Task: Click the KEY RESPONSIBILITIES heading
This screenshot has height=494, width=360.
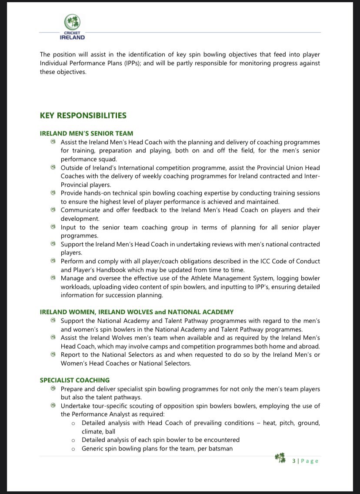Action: (83, 116)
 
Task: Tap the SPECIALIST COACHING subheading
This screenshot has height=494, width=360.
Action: (75, 380)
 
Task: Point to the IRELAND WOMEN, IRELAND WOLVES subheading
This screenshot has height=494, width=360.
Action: (137, 312)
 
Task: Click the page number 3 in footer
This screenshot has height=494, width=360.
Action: (294, 461)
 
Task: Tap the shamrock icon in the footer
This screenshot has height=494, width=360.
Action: (280, 459)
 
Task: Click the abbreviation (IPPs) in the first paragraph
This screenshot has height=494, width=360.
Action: (155, 63)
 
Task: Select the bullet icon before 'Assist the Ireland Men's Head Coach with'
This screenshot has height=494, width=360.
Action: (53, 142)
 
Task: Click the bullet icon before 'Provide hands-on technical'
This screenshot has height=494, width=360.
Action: (53, 192)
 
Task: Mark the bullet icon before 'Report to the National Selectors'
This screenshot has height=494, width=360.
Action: (53, 354)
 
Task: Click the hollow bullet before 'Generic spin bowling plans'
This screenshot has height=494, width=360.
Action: (74, 448)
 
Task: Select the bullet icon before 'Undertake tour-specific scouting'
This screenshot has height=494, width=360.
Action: (53, 405)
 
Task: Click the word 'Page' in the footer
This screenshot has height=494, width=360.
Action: (310, 461)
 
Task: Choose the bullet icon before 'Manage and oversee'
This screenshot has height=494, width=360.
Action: (53, 278)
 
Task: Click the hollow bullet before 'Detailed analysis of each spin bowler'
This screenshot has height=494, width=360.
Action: (74, 440)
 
